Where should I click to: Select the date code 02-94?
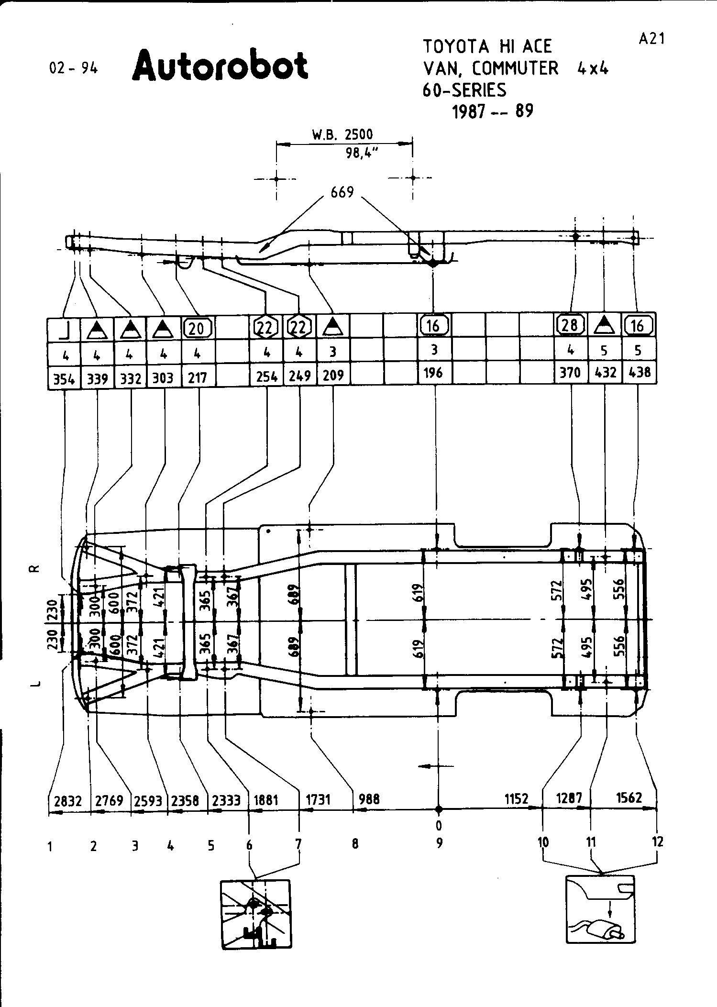coord(73,68)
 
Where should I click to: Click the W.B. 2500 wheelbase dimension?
coord(342,135)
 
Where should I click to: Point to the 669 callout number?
coord(342,192)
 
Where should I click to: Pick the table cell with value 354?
coord(64,379)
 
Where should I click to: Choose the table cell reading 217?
coord(197,378)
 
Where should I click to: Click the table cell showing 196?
coord(433,373)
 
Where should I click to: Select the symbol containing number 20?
coord(197,328)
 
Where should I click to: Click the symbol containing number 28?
coord(570,325)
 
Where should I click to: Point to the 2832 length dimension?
coord(68,801)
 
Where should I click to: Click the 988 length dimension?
coord(369,799)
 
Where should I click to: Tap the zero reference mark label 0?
coord(439,826)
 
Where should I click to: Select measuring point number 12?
coord(658,842)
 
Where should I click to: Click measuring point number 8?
coord(355,843)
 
